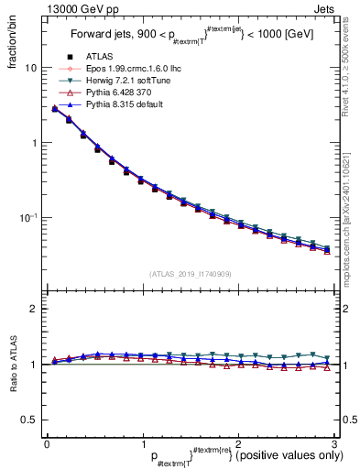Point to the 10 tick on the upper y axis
coord(30,68)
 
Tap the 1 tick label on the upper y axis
coord(33,143)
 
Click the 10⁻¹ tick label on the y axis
coord(28,218)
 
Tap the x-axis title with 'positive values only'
coord(247,456)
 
